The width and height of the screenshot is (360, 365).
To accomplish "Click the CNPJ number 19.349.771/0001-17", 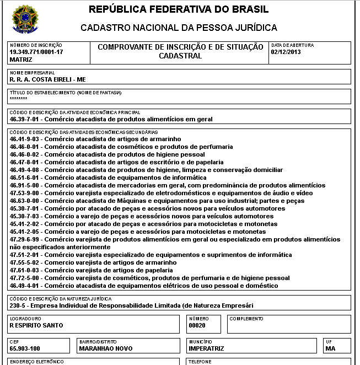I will click(36, 52).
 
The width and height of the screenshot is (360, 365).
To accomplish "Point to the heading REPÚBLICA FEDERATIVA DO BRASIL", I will click(179, 10).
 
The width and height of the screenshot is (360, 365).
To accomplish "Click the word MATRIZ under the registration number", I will click(21, 59).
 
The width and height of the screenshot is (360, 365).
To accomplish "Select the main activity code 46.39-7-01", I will click(25, 119).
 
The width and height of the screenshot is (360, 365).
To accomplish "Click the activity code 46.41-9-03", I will click(25, 139).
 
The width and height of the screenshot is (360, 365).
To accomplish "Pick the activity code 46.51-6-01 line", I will click(25, 178).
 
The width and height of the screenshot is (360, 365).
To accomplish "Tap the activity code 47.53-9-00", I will click(25, 194).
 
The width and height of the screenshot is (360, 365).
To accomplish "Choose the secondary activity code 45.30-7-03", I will click(25, 217).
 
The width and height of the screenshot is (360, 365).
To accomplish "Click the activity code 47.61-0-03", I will click(25, 271).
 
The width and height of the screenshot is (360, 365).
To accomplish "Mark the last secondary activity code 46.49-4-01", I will click(25, 286).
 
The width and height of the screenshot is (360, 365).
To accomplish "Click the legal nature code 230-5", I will click(18, 305).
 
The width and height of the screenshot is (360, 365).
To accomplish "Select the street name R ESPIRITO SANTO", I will click(36, 325).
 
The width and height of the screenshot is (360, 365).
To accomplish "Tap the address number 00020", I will click(197, 325).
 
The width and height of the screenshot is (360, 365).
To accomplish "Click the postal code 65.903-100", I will click(25, 349).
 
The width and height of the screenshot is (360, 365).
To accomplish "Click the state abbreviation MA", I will click(330, 349).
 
